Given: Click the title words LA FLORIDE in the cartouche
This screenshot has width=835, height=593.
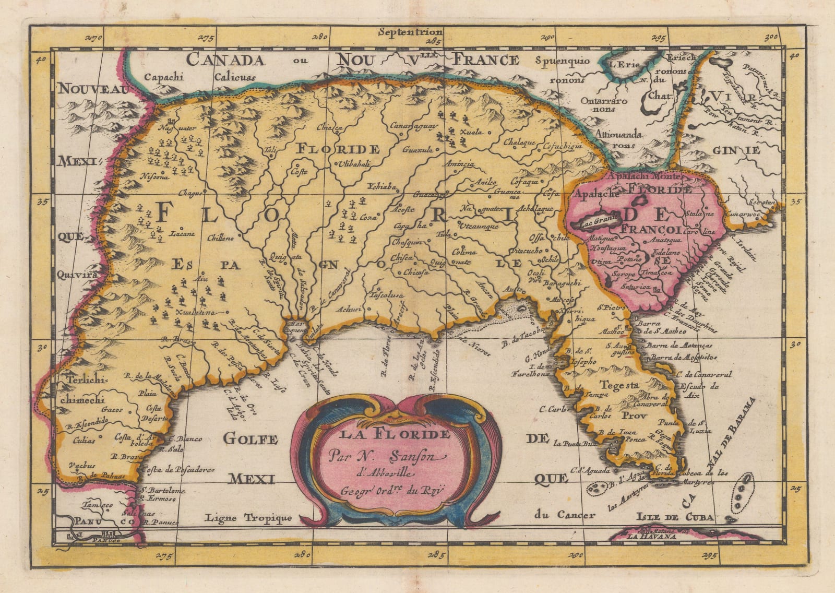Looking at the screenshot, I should pos(395,434).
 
